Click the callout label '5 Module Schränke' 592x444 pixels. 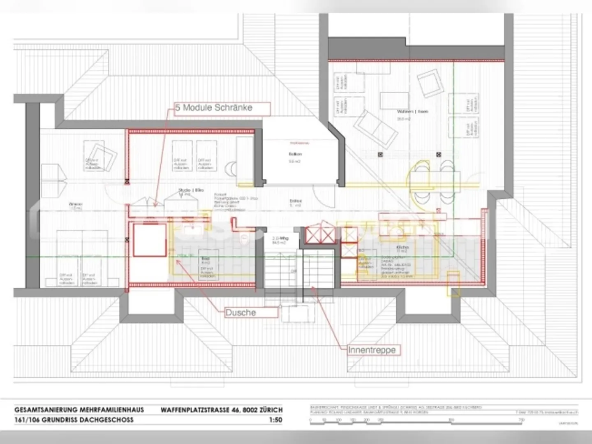(222, 108)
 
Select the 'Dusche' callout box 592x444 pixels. (251, 312)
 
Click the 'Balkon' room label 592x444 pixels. (295, 154)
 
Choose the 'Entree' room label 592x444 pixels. (296, 201)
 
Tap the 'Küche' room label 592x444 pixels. (402, 247)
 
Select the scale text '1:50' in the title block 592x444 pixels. (275, 420)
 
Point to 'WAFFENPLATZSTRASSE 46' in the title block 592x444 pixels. (201, 410)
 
